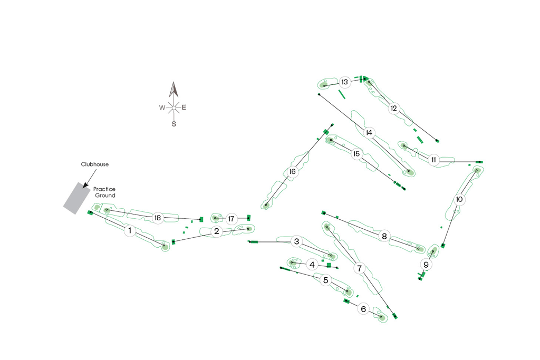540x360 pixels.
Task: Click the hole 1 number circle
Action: pyautogui.click(x=129, y=231)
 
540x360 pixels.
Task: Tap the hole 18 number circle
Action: pyautogui.click(x=157, y=218)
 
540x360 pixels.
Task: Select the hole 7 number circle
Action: pyautogui.click(x=360, y=268)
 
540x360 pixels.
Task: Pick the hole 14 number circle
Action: pyautogui.click(x=369, y=132)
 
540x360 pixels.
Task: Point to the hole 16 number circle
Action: pyautogui.click(x=293, y=172)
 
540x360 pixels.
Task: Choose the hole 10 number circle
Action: pyautogui.click(x=459, y=200)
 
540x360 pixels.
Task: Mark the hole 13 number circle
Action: pyautogui.click(x=345, y=82)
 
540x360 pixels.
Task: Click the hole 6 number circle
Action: pyautogui.click(x=363, y=309)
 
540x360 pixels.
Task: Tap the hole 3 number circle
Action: pyautogui.click(x=297, y=241)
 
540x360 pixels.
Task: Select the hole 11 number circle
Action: pyautogui.click(x=433, y=159)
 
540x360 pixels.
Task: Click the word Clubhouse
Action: pyautogui.click(x=94, y=164)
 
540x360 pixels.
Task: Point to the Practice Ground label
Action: pyautogui.click(x=104, y=192)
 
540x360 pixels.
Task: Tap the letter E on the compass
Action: pyautogui.click(x=184, y=108)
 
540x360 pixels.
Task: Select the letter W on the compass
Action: pyautogui.click(x=162, y=108)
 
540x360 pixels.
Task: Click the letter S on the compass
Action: pyautogui.click(x=173, y=124)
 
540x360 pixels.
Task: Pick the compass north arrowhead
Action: pyautogui.click(x=173, y=90)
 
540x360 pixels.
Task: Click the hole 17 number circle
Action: pyautogui.click(x=231, y=219)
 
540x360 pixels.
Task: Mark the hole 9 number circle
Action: pyautogui.click(x=426, y=264)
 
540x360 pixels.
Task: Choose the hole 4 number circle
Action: pyautogui.click(x=312, y=265)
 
